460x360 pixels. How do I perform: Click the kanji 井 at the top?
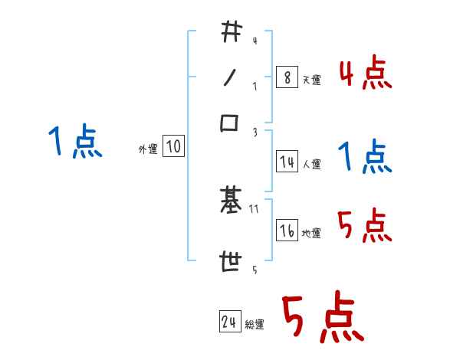coord(231,33)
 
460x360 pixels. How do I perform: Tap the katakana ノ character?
coord(230,77)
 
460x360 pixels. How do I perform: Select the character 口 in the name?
coord(230,123)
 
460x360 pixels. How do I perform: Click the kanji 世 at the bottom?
coord(230,263)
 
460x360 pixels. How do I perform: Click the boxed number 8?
coord(286,77)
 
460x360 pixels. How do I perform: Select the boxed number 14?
coord(287,162)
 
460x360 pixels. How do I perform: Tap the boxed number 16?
coord(287,231)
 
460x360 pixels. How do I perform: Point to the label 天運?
coord(311,80)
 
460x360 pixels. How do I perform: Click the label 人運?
coord(311,164)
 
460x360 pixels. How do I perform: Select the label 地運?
coord(311,234)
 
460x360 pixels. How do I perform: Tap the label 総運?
coord(255,325)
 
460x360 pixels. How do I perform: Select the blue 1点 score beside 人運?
coord(365,159)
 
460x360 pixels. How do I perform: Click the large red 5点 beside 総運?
coord(323,319)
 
